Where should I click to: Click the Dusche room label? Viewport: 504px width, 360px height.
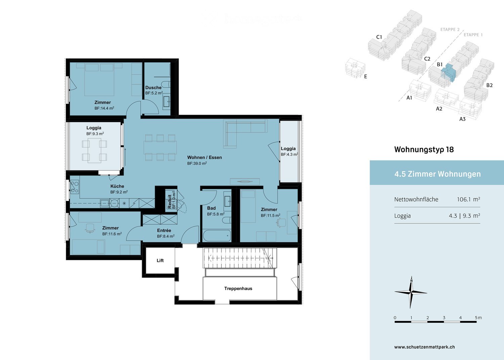tap(153, 87)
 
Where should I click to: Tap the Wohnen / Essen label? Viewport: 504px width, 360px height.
tap(204, 157)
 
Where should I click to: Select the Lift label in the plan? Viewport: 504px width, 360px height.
tap(160, 261)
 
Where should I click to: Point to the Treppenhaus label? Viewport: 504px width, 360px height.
tap(238, 288)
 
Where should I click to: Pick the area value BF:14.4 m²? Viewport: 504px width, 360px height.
tap(104, 108)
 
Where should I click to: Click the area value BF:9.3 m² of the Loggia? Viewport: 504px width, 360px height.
tap(95, 134)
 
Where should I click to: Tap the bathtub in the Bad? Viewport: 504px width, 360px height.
tap(217, 235)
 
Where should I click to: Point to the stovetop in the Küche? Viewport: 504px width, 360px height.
tap(74, 187)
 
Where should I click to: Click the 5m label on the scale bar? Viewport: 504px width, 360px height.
tap(478, 318)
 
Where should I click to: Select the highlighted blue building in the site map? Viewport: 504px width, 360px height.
tap(448, 73)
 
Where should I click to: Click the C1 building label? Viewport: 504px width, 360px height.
tap(379, 37)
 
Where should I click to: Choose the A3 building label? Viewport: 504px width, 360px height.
tap(462, 119)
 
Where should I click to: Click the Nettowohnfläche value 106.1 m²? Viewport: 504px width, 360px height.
tap(468, 199)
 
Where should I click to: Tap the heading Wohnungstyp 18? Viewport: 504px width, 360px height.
tap(424, 150)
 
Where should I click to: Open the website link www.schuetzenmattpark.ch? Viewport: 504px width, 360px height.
tap(424, 347)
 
